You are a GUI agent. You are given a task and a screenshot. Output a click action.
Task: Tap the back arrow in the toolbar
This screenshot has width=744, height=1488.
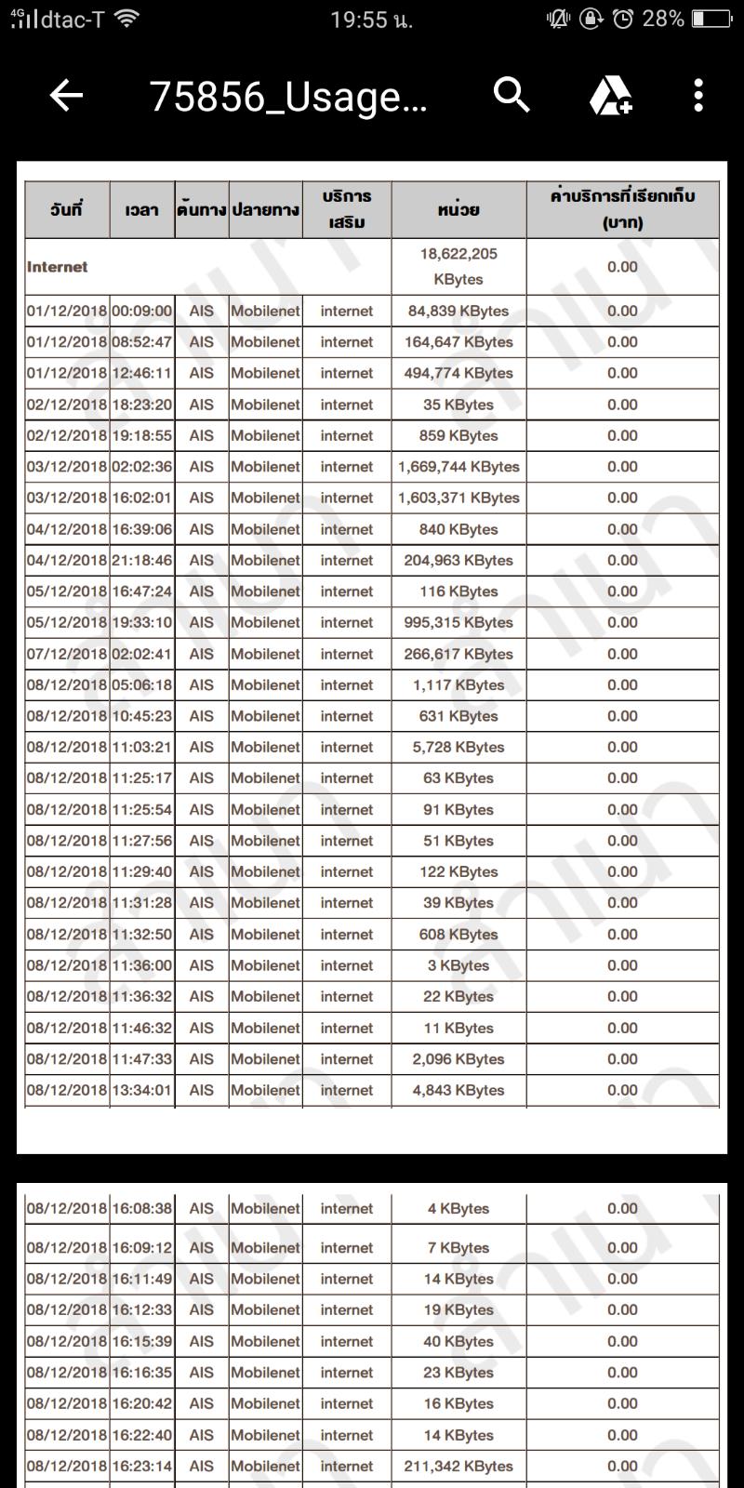point(66,95)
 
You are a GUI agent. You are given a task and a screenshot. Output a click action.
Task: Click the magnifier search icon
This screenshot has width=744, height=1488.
point(511,95)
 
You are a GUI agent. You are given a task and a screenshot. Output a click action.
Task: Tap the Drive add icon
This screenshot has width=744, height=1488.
point(611,95)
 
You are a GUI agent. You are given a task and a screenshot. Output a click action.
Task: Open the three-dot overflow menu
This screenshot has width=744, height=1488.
point(698,95)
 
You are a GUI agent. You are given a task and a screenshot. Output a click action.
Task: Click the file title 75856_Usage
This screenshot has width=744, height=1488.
point(288,96)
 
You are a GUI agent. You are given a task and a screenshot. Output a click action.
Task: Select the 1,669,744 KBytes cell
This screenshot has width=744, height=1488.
point(458,467)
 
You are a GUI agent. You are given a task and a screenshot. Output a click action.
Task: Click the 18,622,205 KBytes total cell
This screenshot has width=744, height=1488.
point(458,267)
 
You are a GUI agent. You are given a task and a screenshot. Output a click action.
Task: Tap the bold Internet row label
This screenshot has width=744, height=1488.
point(58,267)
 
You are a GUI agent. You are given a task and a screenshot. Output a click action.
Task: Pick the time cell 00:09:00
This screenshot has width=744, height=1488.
point(141,312)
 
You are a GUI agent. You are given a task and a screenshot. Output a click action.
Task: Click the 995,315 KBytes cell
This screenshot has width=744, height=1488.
point(458,622)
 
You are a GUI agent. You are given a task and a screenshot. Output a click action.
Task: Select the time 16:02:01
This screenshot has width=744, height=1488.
point(141,498)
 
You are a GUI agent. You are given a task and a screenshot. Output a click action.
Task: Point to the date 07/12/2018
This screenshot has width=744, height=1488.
point(67,654)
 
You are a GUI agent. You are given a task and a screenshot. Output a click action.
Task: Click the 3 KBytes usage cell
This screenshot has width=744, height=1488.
point(458,965)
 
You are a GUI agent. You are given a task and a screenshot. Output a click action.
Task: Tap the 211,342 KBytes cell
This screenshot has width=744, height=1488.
point(458,1467)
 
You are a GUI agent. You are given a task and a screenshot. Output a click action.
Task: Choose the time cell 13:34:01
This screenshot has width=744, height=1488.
point(141,1090)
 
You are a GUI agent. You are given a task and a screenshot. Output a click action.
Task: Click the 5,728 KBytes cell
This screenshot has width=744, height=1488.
point(458,747)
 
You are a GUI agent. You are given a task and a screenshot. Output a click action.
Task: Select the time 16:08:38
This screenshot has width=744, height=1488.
point(141,1209)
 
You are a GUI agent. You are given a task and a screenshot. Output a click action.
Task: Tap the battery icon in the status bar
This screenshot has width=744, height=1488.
point(711,19)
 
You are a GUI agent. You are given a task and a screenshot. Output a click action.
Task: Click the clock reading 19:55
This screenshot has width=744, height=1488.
point(371,20)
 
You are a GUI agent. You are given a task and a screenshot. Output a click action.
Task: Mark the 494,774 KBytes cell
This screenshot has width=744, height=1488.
point(458,373)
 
